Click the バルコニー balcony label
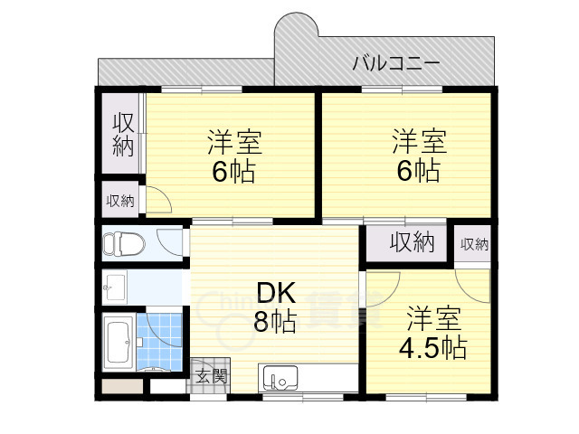[395, 63]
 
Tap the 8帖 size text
[274, 321]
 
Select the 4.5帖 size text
[433, 347]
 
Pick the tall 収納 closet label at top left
[122, 135]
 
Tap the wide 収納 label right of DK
[412, 243]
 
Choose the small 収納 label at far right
[474, 244]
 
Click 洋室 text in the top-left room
[234, 143]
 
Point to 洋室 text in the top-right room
[418, 142]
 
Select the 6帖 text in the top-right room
[418, 171]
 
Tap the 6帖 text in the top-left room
[233, 172]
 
